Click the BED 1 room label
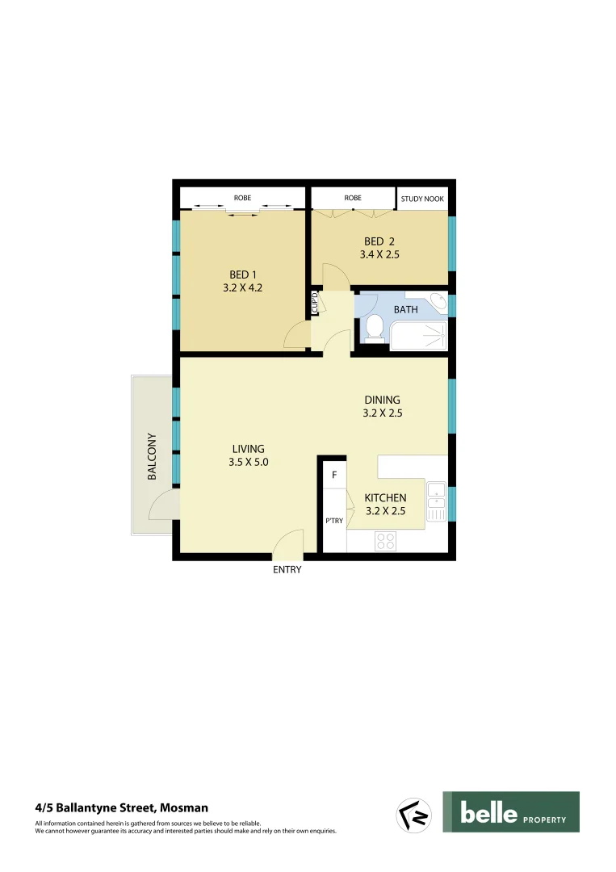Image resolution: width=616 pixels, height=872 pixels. pyautogui.click(x=239, y=275)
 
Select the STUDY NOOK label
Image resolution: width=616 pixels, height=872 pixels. pyautogui.click(x=422, y=199)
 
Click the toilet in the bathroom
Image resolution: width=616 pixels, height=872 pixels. pyautogui.click(x=374, y=328)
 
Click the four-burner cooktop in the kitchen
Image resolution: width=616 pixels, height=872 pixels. pyautogui.click(x=386, y=541)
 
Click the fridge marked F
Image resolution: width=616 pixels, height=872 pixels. pyautogui.click(x=334, y=475)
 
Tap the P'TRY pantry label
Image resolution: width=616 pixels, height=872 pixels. pyautogui.click(x=334, y=521)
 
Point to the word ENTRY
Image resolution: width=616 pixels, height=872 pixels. pyautogui.click(x=287, y=570)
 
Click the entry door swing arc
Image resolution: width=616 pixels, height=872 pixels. pyautogui.click(x=287, y=543)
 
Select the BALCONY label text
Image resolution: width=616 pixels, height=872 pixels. pyautogui.click(x=152, y=457)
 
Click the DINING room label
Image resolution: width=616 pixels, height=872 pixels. pyautogui.click(x=383, y=400)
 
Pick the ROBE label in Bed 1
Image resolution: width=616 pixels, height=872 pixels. pyautogui.click(x=242, y=198)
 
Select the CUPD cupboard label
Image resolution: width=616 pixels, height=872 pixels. pyautogui.click(x=315, y=304)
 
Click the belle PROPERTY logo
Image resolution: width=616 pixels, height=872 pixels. pyautogui.click(x=510, y=811)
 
